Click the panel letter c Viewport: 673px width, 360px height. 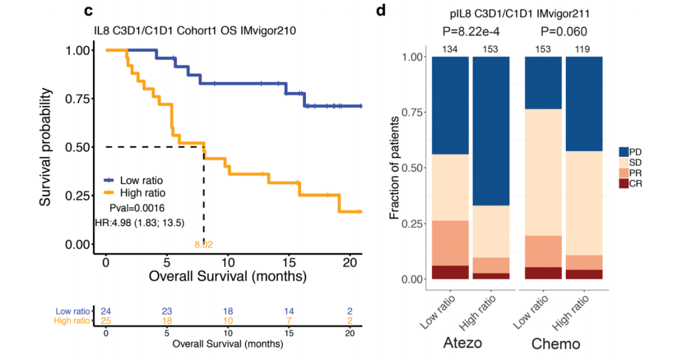(x=88, y=11)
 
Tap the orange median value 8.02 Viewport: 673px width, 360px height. (x=204, y=245)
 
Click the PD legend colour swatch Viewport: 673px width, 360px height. (x=624, y=152)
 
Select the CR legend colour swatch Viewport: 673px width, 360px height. (x=624, y=184)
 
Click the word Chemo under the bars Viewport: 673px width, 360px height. (x=556, y=343)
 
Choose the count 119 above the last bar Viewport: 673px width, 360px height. (x=583, y=49)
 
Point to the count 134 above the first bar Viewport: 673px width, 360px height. (x=450, y=49)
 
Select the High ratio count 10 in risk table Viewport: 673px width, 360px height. (x=228, y=320)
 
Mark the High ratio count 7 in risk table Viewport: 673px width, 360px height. (x=289, y=320)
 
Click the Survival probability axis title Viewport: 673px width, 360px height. (x=45, y=147)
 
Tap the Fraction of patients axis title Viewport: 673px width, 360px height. (x=394, y=169)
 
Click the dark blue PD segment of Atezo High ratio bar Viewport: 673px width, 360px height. (x=491, y=131)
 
